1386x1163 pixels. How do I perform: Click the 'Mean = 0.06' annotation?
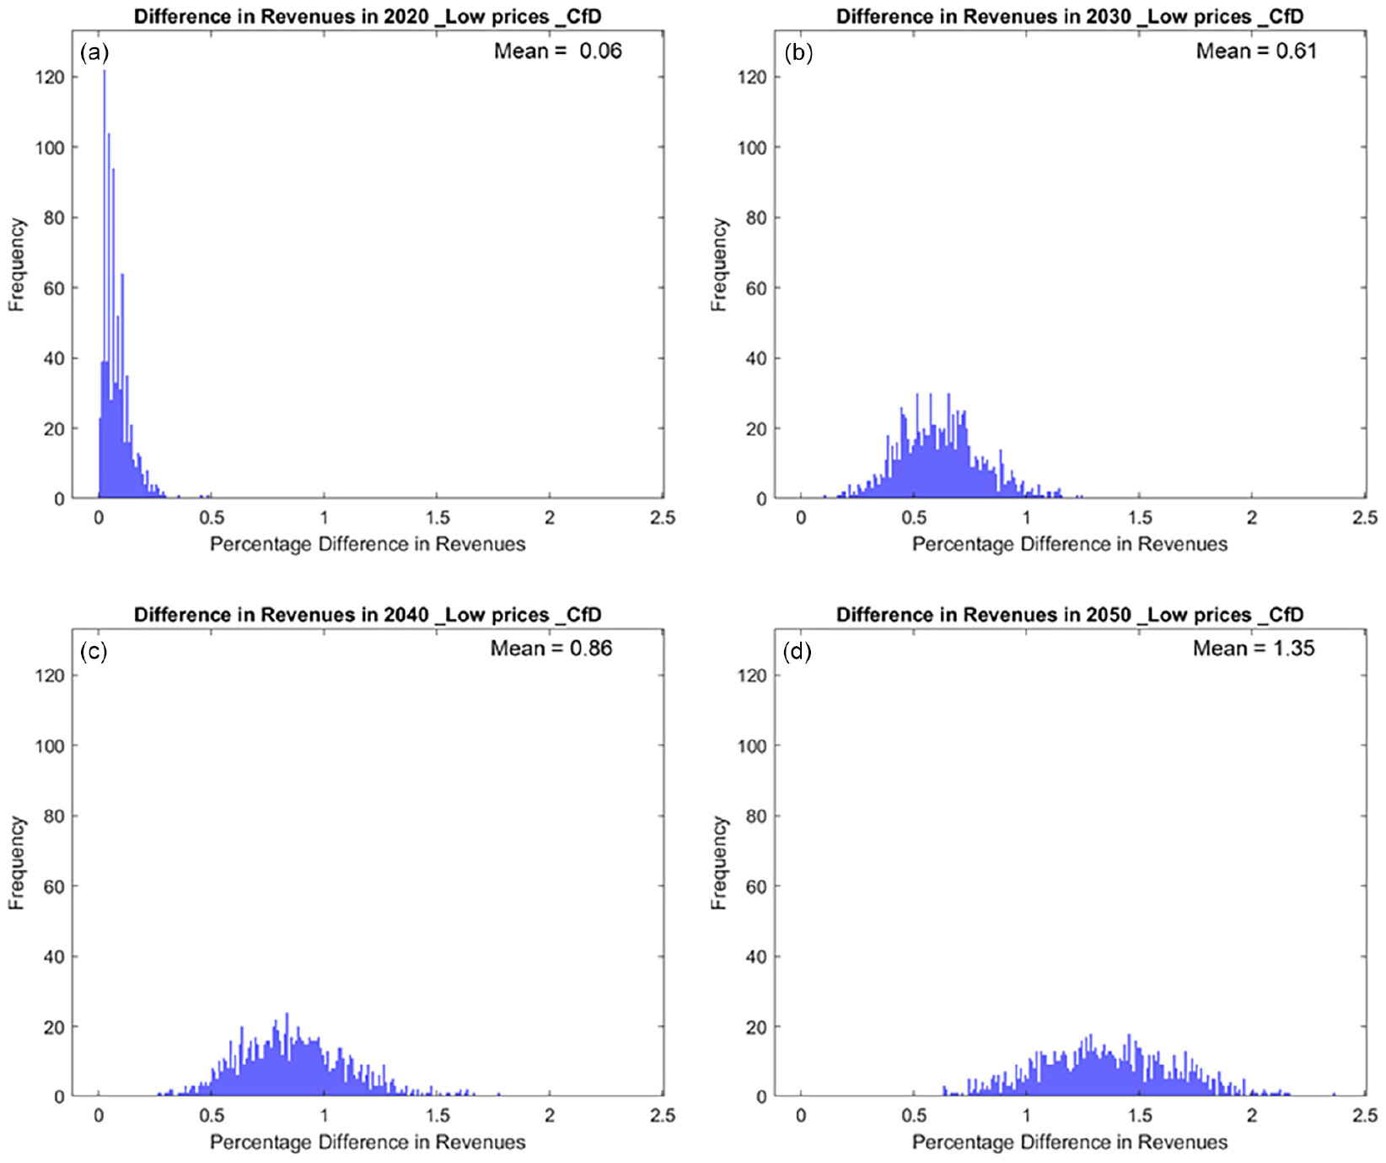(x=557, y=51)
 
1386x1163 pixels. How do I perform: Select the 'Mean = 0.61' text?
(x=1255, y=51)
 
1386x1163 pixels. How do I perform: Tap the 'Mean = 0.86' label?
(x=551, y=649)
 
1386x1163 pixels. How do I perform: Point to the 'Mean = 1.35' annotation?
(x=1254, y=649)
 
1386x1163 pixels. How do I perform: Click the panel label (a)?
(x=94, y=53)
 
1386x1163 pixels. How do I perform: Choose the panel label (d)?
(x=797, y=651)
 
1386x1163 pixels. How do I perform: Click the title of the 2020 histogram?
(x=368, y=16)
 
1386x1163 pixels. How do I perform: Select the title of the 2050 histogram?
(x=1070, y=615)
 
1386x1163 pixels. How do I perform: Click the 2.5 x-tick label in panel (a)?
(x=663, y=518)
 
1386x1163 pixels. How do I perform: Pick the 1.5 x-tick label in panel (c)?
(x=438, y=1116)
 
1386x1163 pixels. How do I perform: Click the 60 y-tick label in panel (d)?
(x=756, y=886)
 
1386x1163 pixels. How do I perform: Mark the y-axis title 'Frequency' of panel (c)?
(x=17, y=863)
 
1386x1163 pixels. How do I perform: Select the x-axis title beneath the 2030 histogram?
(x=1070, y=545)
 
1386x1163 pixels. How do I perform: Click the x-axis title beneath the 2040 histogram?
(x=368, y=1143)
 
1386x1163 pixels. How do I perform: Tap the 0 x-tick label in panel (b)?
(x=801, y=518)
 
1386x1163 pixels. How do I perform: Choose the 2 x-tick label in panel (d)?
(x=1252, y=1116)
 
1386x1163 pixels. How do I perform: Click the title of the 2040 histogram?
(x=368, y=615)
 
